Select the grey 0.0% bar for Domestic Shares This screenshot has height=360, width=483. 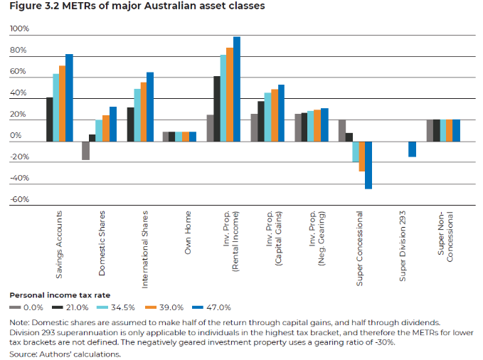85,151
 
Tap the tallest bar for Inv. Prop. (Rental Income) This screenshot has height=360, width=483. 237,89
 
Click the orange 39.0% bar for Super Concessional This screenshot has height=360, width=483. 361,157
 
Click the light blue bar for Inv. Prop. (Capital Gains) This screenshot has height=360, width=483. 267,117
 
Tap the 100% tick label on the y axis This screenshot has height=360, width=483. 19,30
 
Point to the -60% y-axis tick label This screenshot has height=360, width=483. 19,200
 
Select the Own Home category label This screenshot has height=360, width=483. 188,232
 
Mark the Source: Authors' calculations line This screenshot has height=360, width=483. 65,353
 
